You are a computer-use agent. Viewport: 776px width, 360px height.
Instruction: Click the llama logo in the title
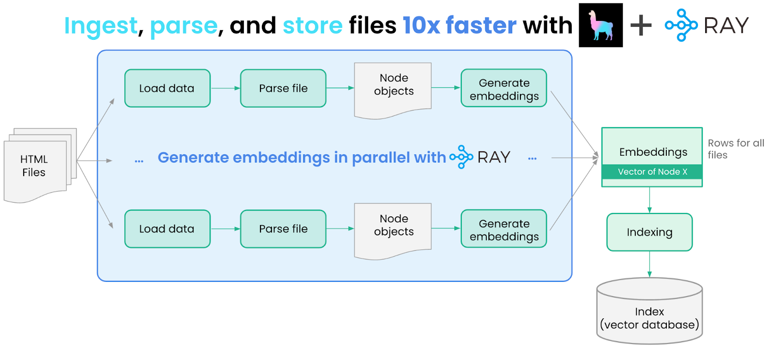tap(600, 25)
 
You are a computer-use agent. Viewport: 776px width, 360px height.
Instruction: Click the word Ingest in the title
tap(101, 26)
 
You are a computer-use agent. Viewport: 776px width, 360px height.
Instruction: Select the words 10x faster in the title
tap(459, 25)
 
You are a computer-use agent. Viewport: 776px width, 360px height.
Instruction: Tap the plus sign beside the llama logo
tap(641, 25)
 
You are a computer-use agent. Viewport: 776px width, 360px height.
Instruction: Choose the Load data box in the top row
tap(167, 88)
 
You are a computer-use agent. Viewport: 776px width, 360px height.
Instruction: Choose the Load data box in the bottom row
tap(167, 229)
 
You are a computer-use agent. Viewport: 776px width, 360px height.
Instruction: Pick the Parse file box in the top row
tap(283, 88)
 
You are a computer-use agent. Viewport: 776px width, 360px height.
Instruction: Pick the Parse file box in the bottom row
tap(283, 229)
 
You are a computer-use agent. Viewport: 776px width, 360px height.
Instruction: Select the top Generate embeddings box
tap(504, 88)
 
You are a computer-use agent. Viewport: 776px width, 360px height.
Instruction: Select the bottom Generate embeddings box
tap(504, 229)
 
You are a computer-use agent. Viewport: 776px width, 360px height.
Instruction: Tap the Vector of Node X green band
tap(652, 172)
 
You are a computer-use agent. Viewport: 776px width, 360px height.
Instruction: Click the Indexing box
tap(649, 232)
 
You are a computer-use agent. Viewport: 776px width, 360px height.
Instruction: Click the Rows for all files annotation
tap(735, 149)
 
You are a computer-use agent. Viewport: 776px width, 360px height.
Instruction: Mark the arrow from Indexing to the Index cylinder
tap(649, 264)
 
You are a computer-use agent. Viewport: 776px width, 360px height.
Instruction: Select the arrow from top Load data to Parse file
tap(226, 88)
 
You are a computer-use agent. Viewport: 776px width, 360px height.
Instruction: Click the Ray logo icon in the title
tap(681, 25)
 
